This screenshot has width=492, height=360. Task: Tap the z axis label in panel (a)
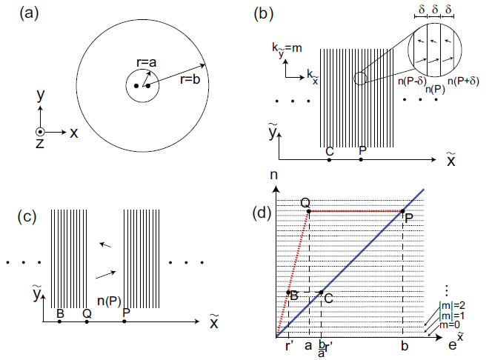pos(41,144)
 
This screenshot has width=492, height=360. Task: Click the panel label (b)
pos(266,13)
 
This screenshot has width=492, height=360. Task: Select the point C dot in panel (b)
pos(330,159)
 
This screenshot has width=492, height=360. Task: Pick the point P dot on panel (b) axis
pos(361,159)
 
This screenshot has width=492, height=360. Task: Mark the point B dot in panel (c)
pos(59,322)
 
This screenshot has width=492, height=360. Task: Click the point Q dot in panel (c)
pos(87,322)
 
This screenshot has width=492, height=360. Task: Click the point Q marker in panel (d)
pos(308,211)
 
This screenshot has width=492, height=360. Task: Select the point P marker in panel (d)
pos(403,211)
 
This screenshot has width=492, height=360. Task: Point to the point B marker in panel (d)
pos(288,293)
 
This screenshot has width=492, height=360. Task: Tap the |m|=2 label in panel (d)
pos(457,303)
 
